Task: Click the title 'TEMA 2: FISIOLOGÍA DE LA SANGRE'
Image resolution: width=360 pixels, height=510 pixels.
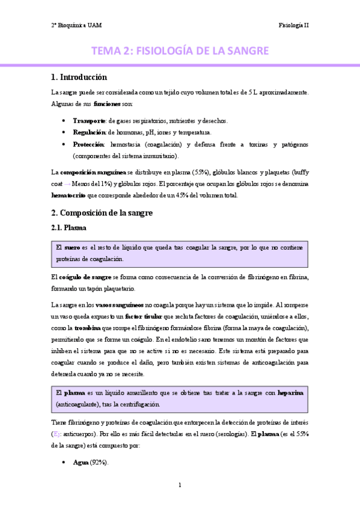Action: pyautogui.click(x=180, y=51)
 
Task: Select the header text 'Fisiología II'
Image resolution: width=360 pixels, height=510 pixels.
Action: pyautogui.click(x=293, y=25)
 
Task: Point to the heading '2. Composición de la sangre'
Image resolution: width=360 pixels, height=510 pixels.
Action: pyautogui.click(x=102, y=213)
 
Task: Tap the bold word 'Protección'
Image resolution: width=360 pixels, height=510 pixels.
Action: pyautogui.click(x=88, y=144)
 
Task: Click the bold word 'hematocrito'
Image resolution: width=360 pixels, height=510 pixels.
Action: pyautogui.click(x=69, y=195)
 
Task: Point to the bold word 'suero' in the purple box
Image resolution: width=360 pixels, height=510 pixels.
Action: pyautogui.click(x=72, y=247)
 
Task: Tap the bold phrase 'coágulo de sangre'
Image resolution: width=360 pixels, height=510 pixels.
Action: pyautogui.click(x=85, y=277)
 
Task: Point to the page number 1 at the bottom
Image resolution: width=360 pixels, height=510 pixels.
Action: pyautogui.click(x=180, y=485)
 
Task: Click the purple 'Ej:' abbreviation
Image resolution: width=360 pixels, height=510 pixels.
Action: pyautogui.click(x=57, y=433)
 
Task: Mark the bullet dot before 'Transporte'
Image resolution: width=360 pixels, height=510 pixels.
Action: pyautogui.click(x=64, y=120)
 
